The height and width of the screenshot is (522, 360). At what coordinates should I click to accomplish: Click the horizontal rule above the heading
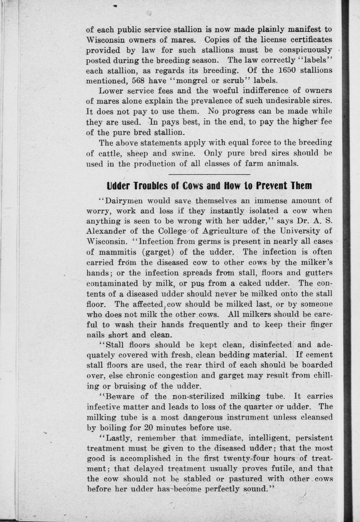[x=209, y=174]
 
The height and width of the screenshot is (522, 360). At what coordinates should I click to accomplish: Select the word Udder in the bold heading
[x=119, y=186]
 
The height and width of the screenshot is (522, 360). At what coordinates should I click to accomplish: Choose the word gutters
[x=317, y=273]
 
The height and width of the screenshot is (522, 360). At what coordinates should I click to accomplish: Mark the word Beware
[x=119, y=397]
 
